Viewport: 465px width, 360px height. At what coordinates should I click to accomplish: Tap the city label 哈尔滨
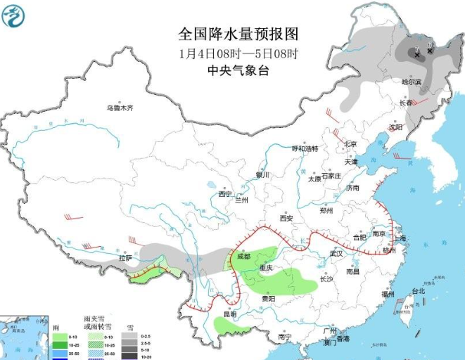411,82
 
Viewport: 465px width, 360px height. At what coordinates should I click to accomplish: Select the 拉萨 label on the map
125,258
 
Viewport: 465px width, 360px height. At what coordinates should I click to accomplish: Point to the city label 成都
243,257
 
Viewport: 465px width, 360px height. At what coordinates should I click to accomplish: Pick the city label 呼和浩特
305,148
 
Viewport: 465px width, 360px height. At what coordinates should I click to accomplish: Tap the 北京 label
350,144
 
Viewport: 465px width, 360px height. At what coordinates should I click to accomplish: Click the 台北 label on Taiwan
418,290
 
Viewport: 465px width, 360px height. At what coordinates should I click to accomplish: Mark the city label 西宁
225,193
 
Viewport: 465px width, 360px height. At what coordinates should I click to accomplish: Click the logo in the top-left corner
14,15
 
